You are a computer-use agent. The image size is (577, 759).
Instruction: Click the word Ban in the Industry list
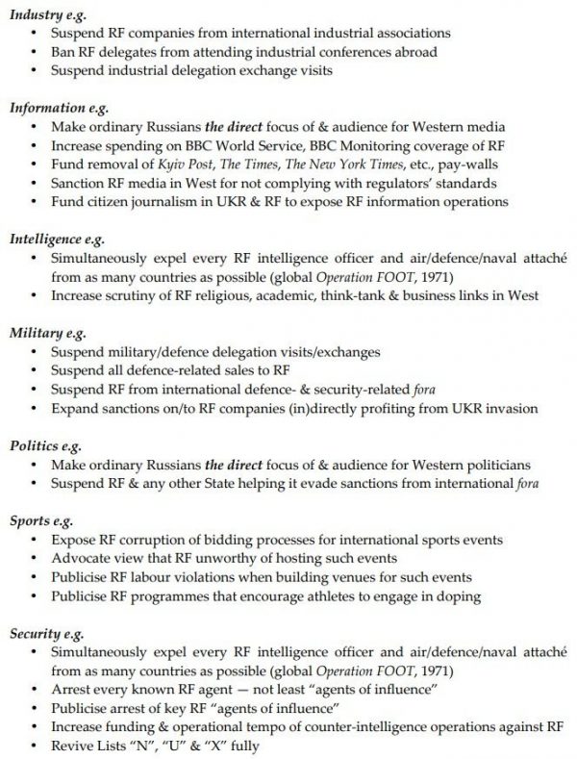tap(63, 51)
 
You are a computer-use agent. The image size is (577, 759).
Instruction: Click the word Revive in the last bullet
tap(71, 746)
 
